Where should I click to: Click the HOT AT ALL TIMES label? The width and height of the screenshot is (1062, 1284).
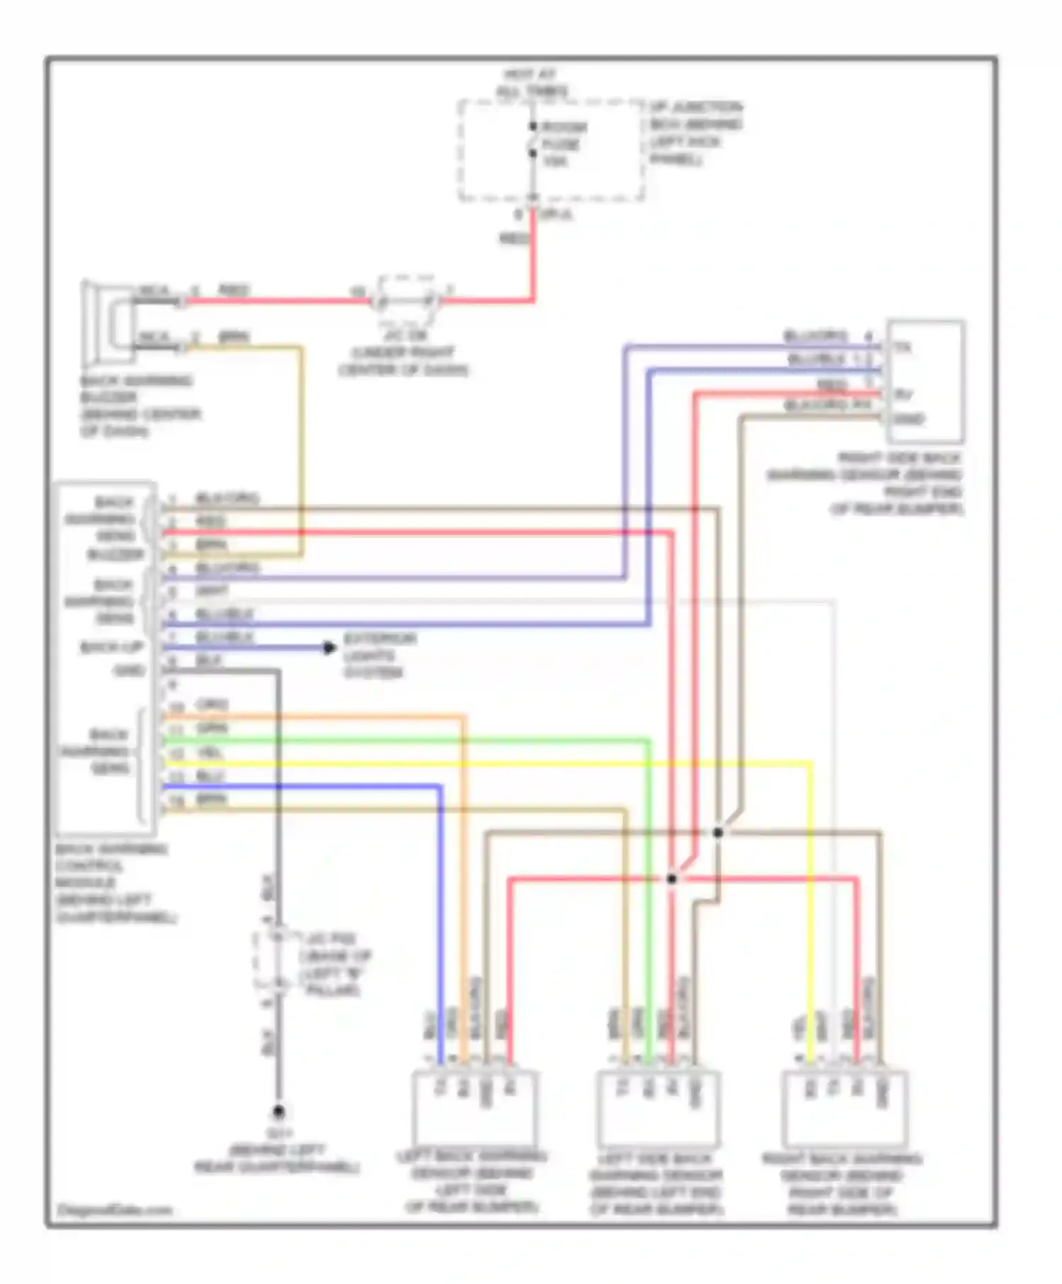click(532, 83)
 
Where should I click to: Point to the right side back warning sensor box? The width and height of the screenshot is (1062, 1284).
click(925, 382)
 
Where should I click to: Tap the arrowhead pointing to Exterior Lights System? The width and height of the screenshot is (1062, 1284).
click(329, 648)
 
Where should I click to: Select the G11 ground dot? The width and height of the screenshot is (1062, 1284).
click(279, 1112)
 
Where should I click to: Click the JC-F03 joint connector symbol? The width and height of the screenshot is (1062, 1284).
click(278, 961)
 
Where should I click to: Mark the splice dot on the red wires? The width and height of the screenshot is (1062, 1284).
click(671, 879)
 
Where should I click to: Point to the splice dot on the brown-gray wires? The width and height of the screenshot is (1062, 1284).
click(717, 832)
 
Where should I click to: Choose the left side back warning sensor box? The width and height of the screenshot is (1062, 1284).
click(658, 1110)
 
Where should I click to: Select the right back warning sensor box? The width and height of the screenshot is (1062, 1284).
click(845, 1110)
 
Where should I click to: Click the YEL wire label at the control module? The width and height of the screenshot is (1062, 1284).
click(210, 753)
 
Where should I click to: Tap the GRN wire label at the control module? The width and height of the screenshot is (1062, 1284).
click(211, 729)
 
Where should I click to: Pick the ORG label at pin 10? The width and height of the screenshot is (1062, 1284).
click(211, 705)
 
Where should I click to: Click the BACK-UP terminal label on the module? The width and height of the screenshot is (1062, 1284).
click(111, 647)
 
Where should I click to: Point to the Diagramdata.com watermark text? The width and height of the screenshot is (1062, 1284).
click(114, 1210)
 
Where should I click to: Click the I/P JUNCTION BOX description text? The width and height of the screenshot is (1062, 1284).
click(695, 133)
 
